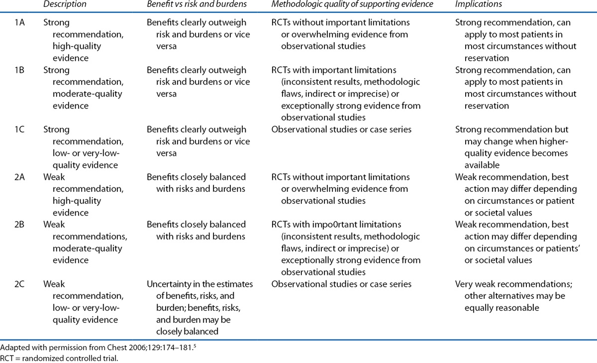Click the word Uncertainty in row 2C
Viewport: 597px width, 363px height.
coord(171,284)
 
